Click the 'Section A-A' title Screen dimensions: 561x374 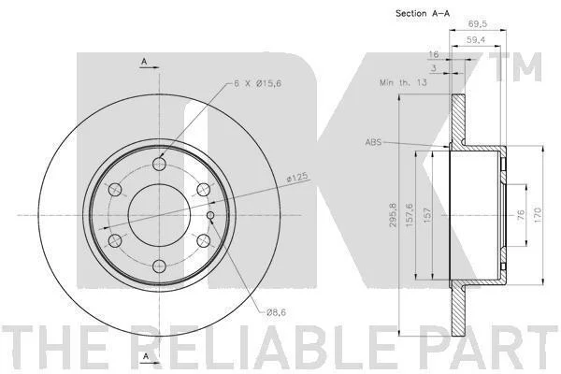(423, 14)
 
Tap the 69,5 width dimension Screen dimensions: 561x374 (478, 23)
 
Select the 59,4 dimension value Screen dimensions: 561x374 (476, 40)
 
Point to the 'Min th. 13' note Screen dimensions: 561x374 (403, 82)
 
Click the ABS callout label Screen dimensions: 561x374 (373, 142)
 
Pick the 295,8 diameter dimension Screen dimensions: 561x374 (394, 215)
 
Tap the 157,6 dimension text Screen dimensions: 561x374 (410, 215)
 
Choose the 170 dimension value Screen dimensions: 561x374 (539, 215)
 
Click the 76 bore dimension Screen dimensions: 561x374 (521, 215)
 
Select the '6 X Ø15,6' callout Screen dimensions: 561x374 (258, 83)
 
